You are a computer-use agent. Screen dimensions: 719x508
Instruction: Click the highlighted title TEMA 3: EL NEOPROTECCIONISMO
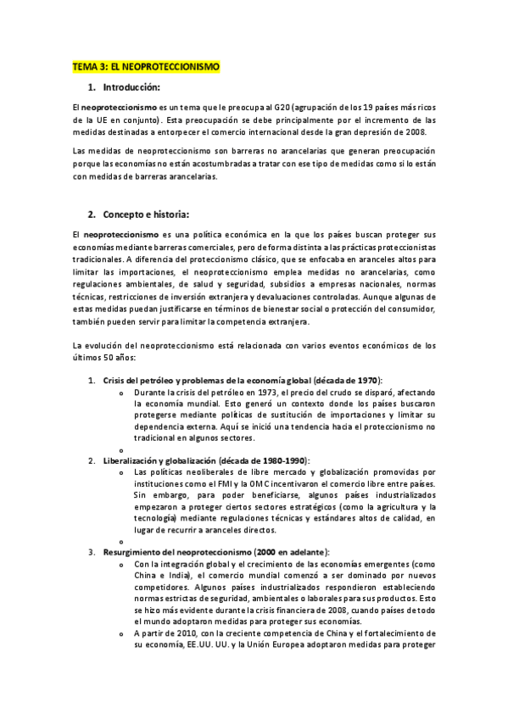tap(146, 65)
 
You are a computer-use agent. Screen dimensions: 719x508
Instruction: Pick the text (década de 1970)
tap(348, 381)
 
